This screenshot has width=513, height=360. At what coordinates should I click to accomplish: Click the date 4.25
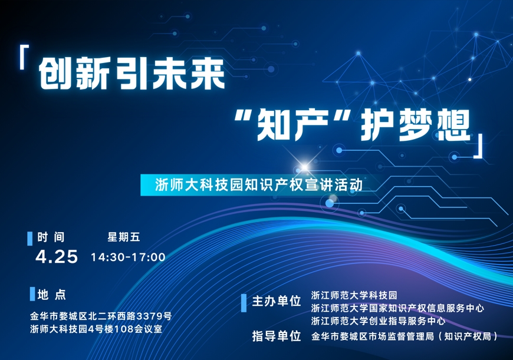[57, 256]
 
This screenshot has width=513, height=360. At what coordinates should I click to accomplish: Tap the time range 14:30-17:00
[128, 257]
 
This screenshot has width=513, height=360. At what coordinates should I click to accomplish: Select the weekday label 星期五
[124, 237]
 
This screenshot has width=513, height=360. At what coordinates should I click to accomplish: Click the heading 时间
[51, 237]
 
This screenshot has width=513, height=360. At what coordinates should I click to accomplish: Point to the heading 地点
[52, 294]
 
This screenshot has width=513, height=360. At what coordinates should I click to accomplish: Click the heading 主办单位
[277, 301]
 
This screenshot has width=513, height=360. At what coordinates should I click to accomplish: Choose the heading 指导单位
[277, 336]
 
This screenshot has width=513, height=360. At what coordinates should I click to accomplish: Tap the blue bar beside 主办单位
[244, 303]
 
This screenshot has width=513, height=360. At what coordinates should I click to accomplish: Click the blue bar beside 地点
[32, 294]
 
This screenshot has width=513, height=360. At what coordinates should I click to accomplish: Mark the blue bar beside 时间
[29, 239]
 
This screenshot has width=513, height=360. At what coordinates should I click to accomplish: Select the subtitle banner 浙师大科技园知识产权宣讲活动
[258, 185]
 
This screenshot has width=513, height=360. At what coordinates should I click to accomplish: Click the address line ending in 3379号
[101, 316]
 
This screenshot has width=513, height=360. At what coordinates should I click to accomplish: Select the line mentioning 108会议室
[96, 329]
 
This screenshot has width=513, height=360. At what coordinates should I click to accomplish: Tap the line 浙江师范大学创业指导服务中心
[378, 321]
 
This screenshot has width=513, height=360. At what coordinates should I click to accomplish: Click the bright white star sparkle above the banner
[305, 167]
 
